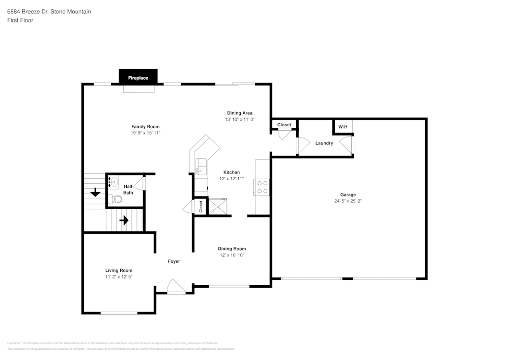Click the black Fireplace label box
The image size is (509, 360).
pos(138,78)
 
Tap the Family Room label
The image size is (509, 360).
pos(146,127)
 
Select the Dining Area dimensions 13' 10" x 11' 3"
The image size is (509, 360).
pos(239,119)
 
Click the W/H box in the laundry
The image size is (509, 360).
pos(343,126)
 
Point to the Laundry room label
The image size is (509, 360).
pos(324,143)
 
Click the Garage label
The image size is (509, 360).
pos(348,195)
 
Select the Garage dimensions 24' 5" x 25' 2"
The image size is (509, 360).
pos(348,201)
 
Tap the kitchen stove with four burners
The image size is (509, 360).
pos(263,187)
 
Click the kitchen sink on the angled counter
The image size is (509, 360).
pos(201,165)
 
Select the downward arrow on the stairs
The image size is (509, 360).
pos(95,193)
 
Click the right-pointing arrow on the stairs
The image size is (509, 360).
pos(124,220)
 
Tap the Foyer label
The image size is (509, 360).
pos(174,261)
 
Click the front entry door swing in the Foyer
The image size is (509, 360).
pos(176,287)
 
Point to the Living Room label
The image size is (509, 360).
pos(119,270)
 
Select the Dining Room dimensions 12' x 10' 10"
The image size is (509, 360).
pos(232,255)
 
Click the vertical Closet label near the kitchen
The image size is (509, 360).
pos(201,206)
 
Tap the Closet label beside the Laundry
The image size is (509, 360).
pos(284,125)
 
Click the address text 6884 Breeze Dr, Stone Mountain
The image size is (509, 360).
pos(49,11)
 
